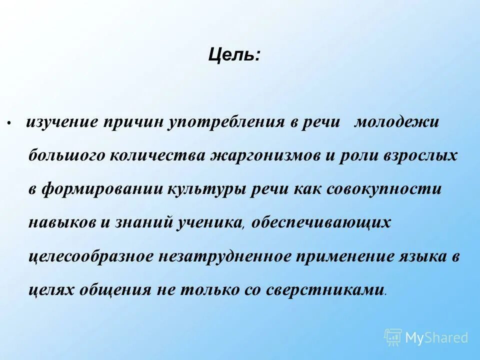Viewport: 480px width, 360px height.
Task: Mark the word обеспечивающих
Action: tap(321, 223)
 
